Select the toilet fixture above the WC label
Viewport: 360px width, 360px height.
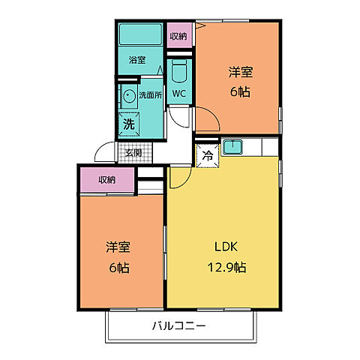click(179, 73)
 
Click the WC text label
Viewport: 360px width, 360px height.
click(179, 94)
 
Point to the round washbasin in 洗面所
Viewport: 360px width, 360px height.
click(128, 95)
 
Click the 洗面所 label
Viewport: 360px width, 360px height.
click(148, 95)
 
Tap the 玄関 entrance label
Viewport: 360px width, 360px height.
click(133, 153)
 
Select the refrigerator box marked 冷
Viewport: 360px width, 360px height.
click(206, 156)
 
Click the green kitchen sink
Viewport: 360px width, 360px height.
click(232, 147)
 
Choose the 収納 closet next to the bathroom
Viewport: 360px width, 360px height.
click(178, 36)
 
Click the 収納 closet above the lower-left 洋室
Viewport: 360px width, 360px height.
click(106, 179)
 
